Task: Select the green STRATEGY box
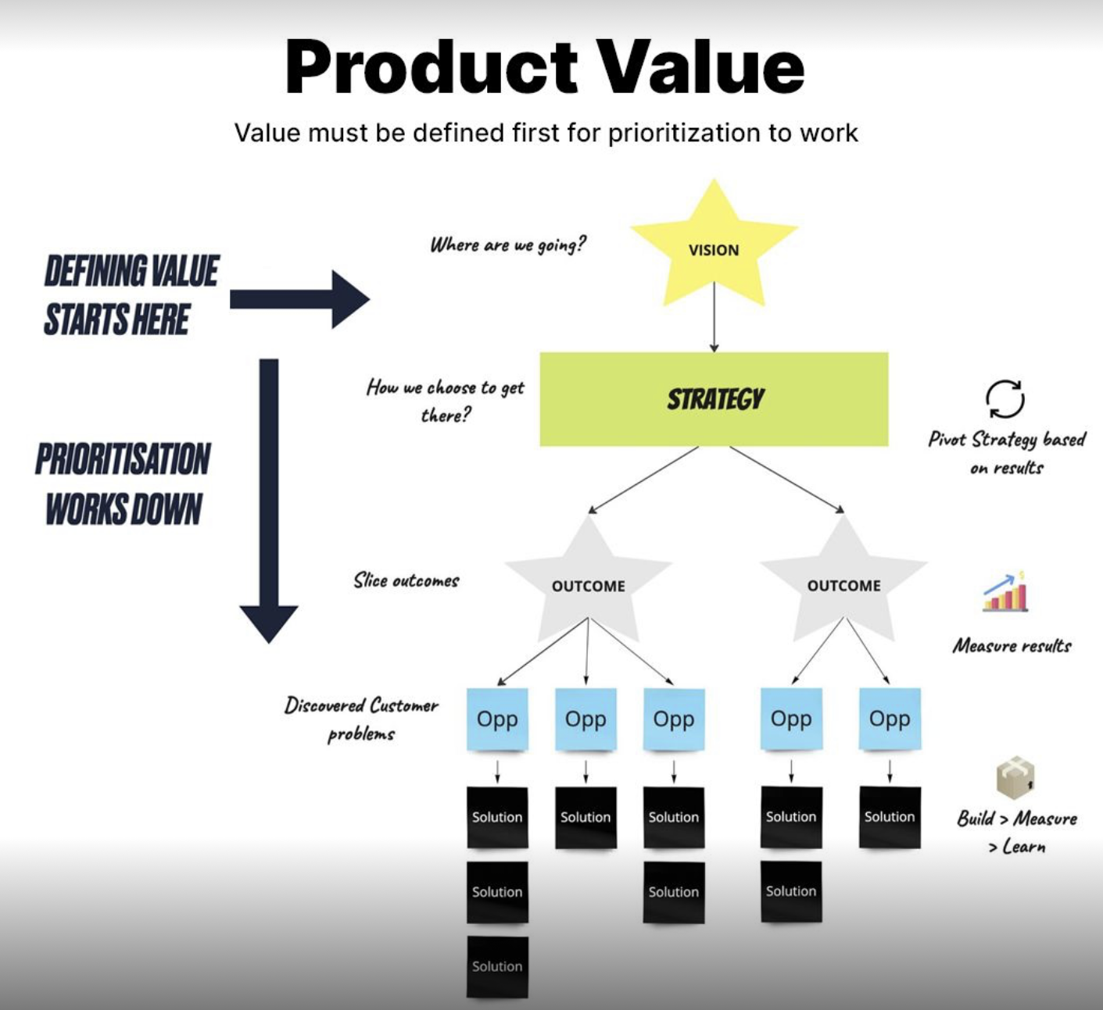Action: pyautogui.click(x=714, y=399)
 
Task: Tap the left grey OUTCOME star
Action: pyautogui.click(x=588, y=583)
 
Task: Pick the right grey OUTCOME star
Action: pyautogui.click(x=843, y=583)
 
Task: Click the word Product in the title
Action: pyautogui.click(x=431, y=67)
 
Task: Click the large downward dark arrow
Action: pyautogui.click(x=269, y=500)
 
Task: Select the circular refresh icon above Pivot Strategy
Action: pyautogui.click(x=1005, y=399)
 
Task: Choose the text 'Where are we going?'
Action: pyautogui.click(x=507, y=245)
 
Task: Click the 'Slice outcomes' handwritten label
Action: pyautogui.click(x=406, y=580)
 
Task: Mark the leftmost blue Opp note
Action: pyautogui.click(x=497, y=719)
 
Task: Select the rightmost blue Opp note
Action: pyautogui.click(x=890, y=719)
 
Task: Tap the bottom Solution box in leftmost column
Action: pyautogui.click(x=497, y=967)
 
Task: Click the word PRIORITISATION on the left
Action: pyautogui.click(x=123, y=459)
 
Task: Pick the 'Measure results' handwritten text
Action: pyautogui.click(x=1012, y=646)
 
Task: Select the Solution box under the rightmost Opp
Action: pyautogui.click(x=890, y=817)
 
